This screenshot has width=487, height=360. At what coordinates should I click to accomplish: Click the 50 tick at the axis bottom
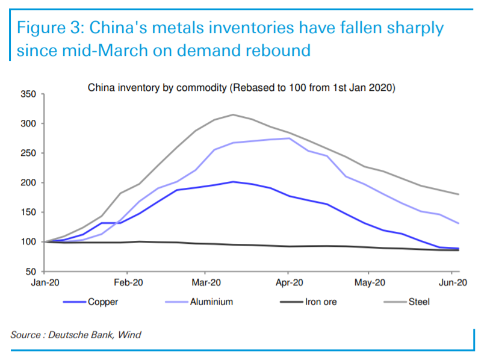[32, 272]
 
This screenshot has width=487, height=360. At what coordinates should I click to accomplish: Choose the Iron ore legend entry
[320, 302]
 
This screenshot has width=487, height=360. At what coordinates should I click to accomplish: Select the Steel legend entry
[418, 302]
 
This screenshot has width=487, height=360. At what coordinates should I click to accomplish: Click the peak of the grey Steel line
[234, 114]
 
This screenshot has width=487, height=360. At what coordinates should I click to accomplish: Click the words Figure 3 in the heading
[51, 28]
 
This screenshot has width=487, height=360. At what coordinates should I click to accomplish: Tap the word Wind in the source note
[129, 334]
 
